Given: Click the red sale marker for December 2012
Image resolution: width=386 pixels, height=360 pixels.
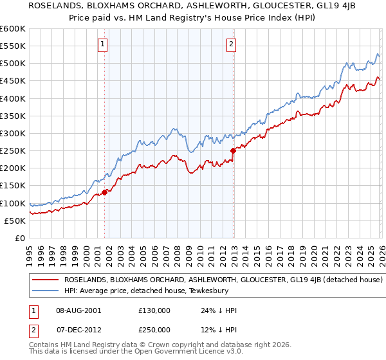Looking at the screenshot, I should [x=233, y=150].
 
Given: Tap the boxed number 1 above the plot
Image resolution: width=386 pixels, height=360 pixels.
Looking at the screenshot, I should [x=103, y=44].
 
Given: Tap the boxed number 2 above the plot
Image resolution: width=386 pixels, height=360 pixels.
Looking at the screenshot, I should [x=231, y=44].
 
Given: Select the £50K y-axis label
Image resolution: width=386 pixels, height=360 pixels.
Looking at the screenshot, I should [x=15, y=221].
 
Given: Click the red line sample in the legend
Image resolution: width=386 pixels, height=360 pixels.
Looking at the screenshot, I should [x=46, y=280].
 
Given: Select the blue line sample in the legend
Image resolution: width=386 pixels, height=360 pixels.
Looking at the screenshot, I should [x=46, y=290].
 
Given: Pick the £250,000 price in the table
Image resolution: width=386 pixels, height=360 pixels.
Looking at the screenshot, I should [x=155, y=329].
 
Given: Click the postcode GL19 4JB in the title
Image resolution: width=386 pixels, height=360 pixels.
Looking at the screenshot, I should [x=313, y=7].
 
